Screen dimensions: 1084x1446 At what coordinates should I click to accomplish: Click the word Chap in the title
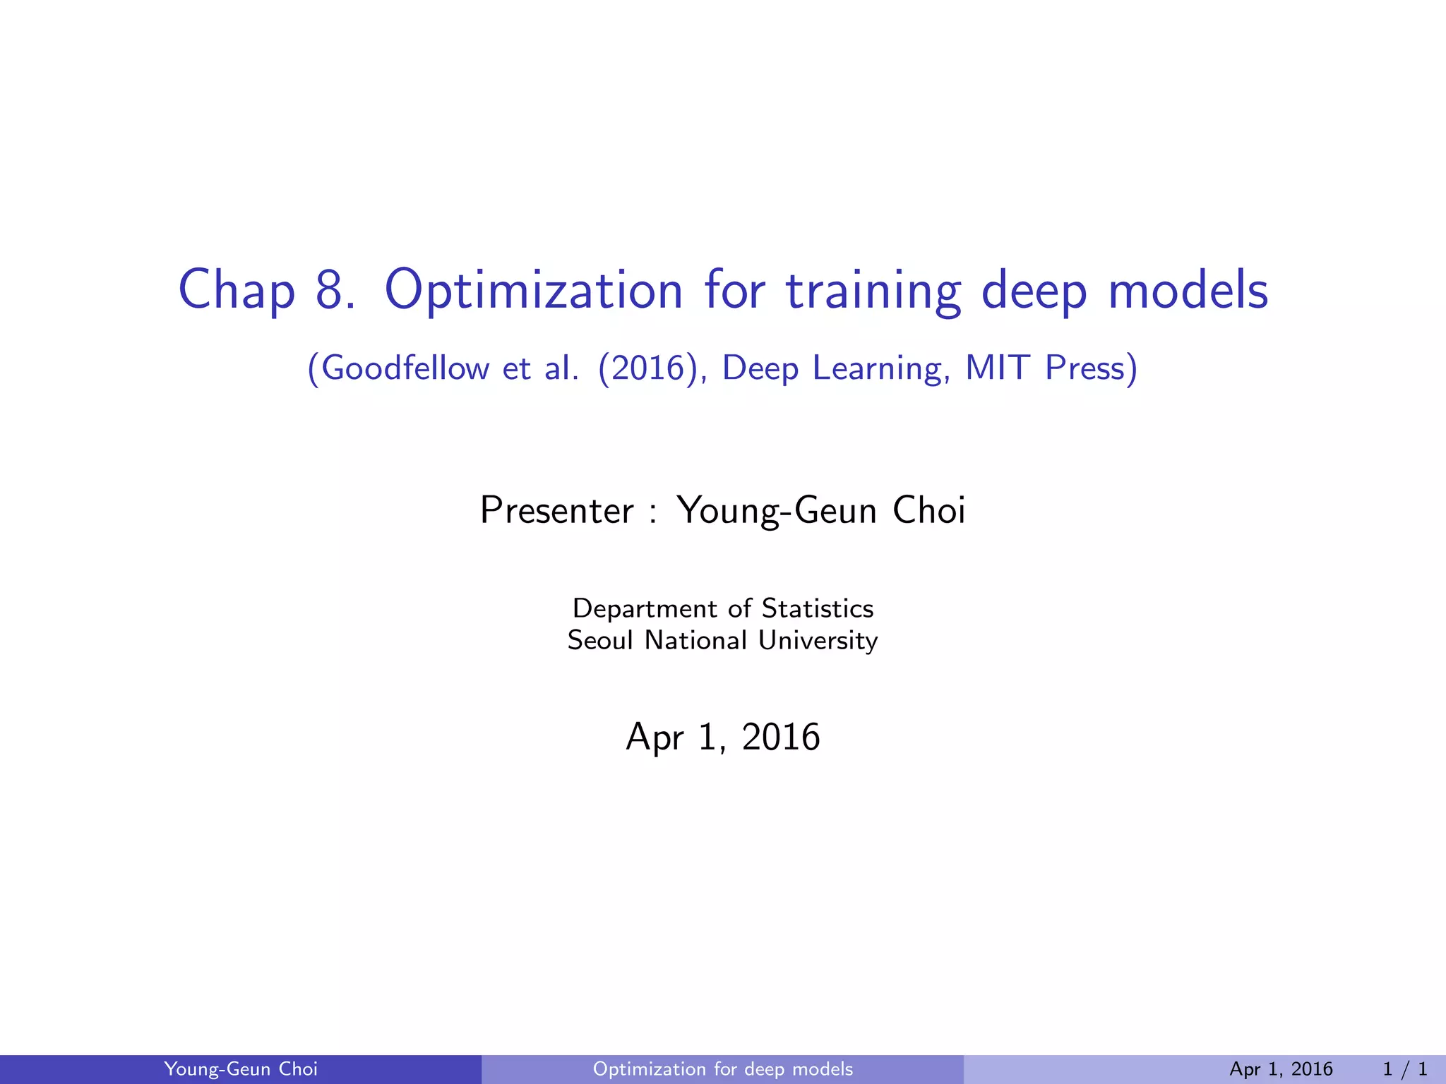[x=237, y=290]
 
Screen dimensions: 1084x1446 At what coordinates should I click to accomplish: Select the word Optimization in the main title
[x=534, y=290]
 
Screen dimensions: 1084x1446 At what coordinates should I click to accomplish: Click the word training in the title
[x=873, y=290]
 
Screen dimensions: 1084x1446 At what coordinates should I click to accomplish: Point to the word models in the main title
[x=1188, y=290]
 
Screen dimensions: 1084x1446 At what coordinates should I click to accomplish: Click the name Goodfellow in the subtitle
[x=405, y=368]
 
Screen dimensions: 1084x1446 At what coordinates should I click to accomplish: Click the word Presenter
[x=557, y=510]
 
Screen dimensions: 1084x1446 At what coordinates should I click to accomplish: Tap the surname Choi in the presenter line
[x=929, y=510]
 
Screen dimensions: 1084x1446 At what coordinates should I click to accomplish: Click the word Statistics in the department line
[x=817, y=608]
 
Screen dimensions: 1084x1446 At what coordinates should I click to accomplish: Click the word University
[x=818, y=640]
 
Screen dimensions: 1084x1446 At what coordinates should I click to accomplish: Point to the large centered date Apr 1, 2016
[x=723, y=737]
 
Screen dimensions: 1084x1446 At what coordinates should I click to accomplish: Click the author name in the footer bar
[x=241, y=1069]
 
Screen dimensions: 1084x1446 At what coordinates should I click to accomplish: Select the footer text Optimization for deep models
[x=723, y=1069]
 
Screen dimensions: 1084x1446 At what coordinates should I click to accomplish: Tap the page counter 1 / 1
[x=1405, y=1069]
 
